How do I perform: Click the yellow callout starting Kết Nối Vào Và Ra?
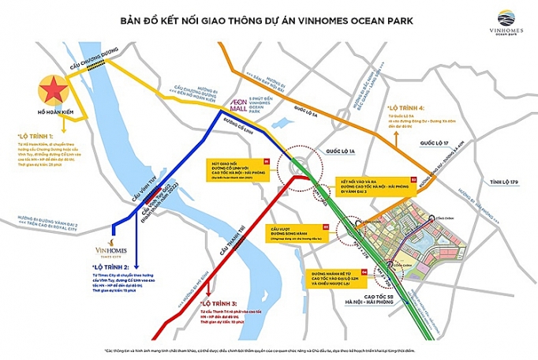376,186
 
